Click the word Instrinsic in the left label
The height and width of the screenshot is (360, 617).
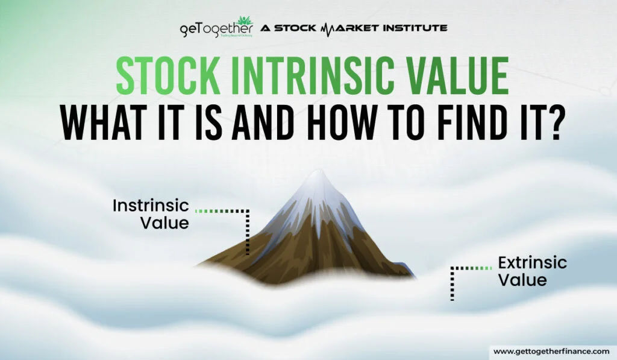coord(151,206)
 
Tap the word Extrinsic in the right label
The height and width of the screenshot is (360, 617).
coord(532,263)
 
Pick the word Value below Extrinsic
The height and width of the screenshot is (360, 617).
coord(522,280)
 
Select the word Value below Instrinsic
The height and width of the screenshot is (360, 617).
coord(164,223)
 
